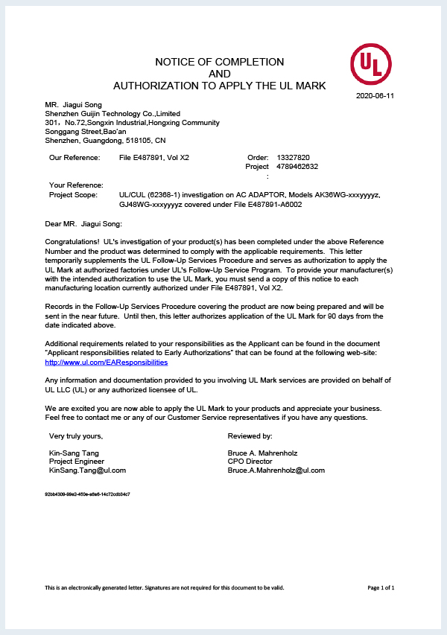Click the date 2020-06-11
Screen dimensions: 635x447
pyautogui.click(x=375, y=96)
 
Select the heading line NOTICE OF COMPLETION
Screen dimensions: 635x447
pyautogui.click(x=219, y=62)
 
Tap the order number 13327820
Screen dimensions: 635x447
pyautogui.click(x=293, y=158)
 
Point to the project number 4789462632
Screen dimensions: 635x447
pyautogui.click(x=297, y=167)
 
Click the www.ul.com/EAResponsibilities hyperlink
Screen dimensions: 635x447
pyautogui.click(x=107, y=362)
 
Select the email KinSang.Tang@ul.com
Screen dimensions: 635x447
pyautogui.click(x=87, y=470)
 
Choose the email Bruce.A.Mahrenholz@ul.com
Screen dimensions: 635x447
pyautogui.click(x=276, y=470)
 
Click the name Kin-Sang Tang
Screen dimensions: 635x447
pyautogui.click(x=74, y=453)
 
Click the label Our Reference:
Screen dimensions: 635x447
pyautogui.click(x=74, y=158)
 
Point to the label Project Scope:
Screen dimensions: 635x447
pyautogui.click(x=73, y=194)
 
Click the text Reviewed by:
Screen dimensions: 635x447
pyautogui.click(x=250, y=435)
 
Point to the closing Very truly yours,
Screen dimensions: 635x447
pyautogui.click(x=76, y=435)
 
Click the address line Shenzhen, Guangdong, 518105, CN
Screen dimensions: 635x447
pyautogui.click(x=105, y=140)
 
